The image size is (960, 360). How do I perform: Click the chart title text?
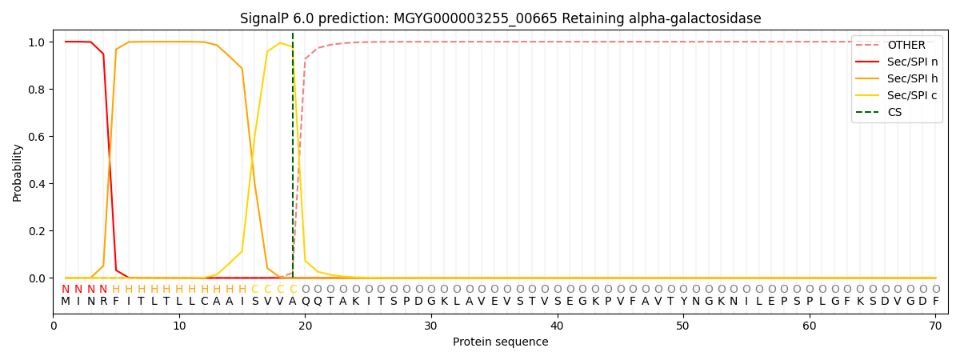pyautogui.click(x=500, y=18)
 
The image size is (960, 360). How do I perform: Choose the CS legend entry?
pyautogui.click(x=894, y=113)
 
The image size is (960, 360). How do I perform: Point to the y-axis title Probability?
pyautogui.click(x=18, y=172)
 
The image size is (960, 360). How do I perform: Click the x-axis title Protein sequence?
pyautogui.click(x=500, y=342)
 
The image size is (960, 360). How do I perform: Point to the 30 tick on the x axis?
pyautogui.click(x=431, y=326)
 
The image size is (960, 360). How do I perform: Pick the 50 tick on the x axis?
pyautogui.click(x=682, y=326)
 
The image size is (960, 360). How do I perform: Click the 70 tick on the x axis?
pyautogui.click(x=935, y=326)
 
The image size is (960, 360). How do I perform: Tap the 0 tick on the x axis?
pyautogui.click(x=54, y=326)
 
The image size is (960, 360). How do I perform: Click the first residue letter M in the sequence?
pyautogui.click(x=66, y=302)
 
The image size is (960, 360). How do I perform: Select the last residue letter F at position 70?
pyautogui.click(x=935, y=302)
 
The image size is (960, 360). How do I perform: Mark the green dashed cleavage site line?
pyautogui.click(x=293, y=160)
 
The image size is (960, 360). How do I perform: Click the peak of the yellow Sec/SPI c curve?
pyautogui.click(x=280, y=43)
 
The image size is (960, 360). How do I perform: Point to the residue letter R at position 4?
pyautogui.click(x=103, y=302)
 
